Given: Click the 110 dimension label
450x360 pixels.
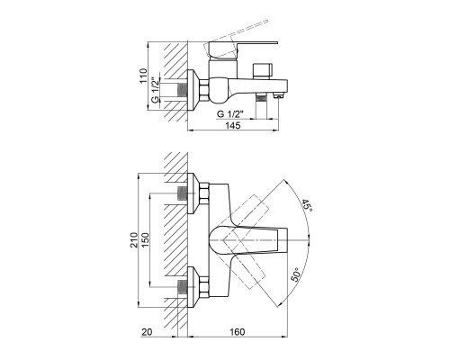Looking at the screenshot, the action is pyautogui.click(x=144, y=76).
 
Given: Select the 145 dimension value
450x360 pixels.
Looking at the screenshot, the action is pyautogui.click(x=233, y=125).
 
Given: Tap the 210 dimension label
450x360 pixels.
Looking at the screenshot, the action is pyautogui.click(x=134, y=239).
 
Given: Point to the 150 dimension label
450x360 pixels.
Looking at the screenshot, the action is pyautogui.click(x=145, y=239).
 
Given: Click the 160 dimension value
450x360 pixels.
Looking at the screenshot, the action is pyautogui.click(x=238, y=332).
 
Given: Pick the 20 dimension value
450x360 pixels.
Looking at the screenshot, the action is pyautogui.click(x=147, y=332).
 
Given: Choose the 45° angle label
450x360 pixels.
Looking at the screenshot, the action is pyautogui.click(x=307, y=205).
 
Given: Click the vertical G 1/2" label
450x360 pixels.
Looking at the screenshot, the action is pyautogui.click(x=155, y=90).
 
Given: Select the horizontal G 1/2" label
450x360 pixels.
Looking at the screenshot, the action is pyautogui.click(x=229, y=114).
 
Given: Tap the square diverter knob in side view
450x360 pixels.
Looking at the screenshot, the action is pyautogui.click(x=263, y=71).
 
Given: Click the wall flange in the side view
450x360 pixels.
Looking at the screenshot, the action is pyautogui.click(x=193, y=90).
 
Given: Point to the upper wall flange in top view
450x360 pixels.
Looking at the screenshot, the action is pyautogui.click(x=193, y=193).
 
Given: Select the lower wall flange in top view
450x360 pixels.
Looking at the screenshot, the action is pyautogui.click(x=193, y=286).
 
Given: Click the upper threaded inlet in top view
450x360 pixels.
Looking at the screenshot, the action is pyautogui.click(x=183, y=193).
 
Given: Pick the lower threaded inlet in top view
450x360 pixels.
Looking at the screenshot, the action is pyautogui.click(x=183, y=287).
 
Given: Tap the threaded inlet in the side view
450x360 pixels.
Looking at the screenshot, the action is pyautogui.click(x=183, y=90).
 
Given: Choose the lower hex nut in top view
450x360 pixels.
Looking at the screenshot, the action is pyautogui.click(x=204, y=286).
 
